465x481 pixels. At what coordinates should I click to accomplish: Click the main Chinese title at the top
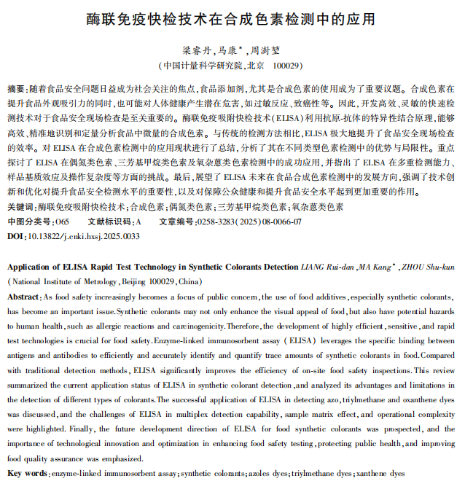232,17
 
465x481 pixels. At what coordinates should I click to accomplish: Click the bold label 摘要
15,88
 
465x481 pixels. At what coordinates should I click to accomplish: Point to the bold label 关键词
20,207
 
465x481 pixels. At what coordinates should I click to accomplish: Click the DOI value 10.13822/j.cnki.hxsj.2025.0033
84,236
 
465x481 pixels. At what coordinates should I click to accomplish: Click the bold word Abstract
24,297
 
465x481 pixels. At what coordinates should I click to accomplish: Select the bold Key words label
28,473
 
